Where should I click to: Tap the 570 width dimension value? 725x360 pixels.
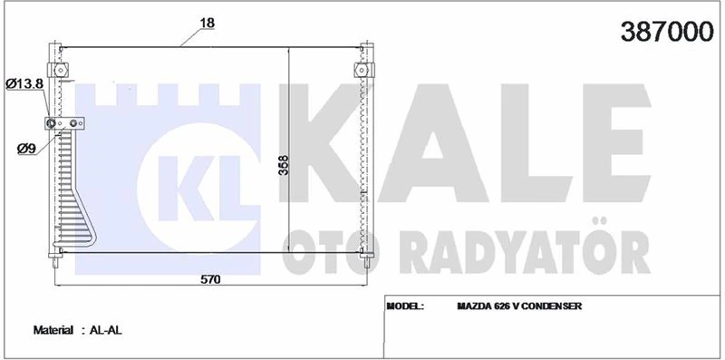tap(210, 279)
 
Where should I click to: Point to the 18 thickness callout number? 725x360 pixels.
tap(207, 22)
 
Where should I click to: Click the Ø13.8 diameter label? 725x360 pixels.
tap(24, 83)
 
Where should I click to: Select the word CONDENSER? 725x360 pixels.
tap(553, 306)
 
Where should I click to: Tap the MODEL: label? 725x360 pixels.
tap(406, 306)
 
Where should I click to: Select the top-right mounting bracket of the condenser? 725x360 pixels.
tap(362, 69)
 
